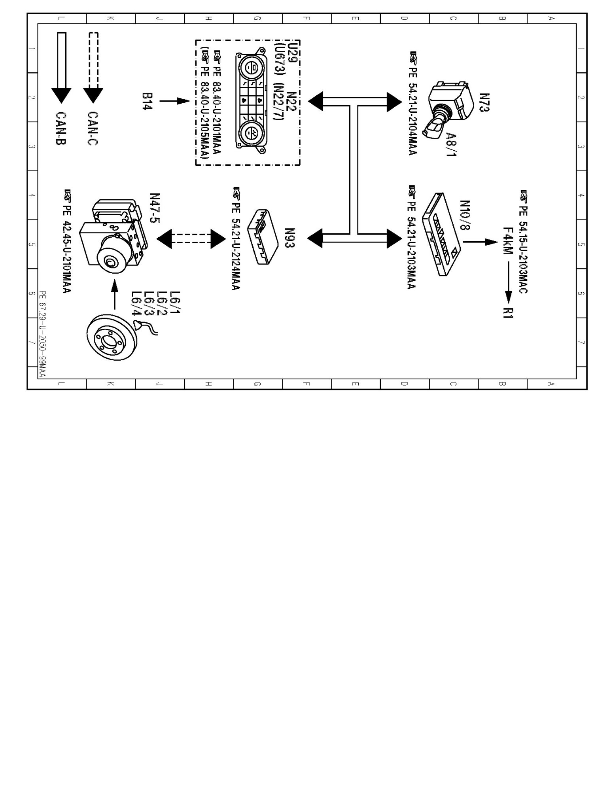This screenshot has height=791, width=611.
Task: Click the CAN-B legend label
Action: click(60, 128)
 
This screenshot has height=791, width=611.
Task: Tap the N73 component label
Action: click(484, 102)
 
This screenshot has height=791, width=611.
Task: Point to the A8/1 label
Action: click(451, 144)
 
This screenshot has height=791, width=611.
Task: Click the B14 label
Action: click(147, 102)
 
